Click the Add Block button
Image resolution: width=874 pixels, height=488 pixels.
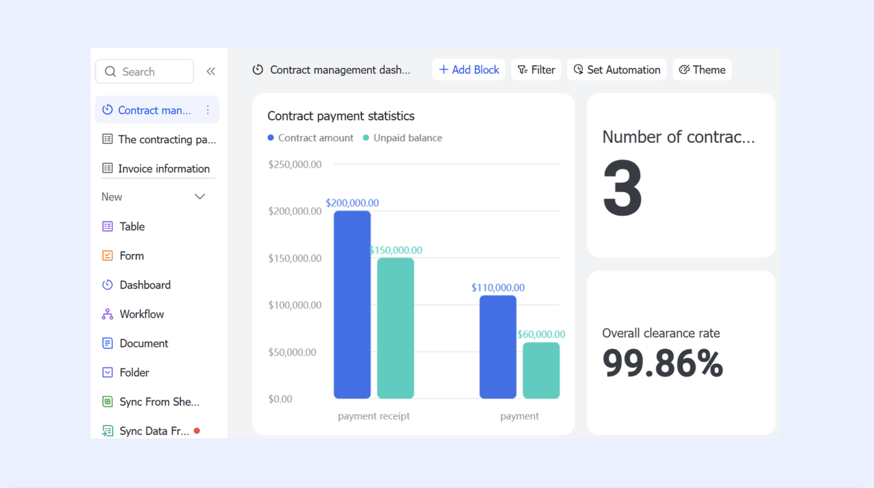click(x=468, y=70)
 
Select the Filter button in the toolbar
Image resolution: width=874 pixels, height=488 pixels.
click(x=536, y=70)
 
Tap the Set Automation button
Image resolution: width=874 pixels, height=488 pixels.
click(x=617, y=70)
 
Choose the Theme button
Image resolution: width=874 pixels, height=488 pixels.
click(x=702, y=70)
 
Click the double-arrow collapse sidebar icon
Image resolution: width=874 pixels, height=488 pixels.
click(x=211, y=71)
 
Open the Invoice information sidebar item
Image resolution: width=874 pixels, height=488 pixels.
click(x=156, y=168)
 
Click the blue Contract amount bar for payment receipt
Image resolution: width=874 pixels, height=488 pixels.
click(x=352, y=304)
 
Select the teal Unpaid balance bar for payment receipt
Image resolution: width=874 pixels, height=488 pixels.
click(x=396, y=328)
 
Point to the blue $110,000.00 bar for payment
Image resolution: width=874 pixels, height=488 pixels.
click(x=498, y=347)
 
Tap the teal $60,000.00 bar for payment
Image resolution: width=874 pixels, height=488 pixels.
click(x=541, y=370)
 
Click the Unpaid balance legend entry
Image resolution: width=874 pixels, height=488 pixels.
click(x=403, y=138)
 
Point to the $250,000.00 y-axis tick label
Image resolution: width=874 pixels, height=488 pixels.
click(x=295, y=164)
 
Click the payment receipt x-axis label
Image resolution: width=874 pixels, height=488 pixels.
click(x=374, y=416)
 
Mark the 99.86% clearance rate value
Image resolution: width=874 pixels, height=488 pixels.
click(x=662, y=363)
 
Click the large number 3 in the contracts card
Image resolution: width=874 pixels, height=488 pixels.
click(x=623, y=188)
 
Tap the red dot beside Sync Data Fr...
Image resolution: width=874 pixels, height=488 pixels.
click(x=197, y=431)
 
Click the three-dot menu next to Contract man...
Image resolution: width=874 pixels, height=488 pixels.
click(x=208, y=110)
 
